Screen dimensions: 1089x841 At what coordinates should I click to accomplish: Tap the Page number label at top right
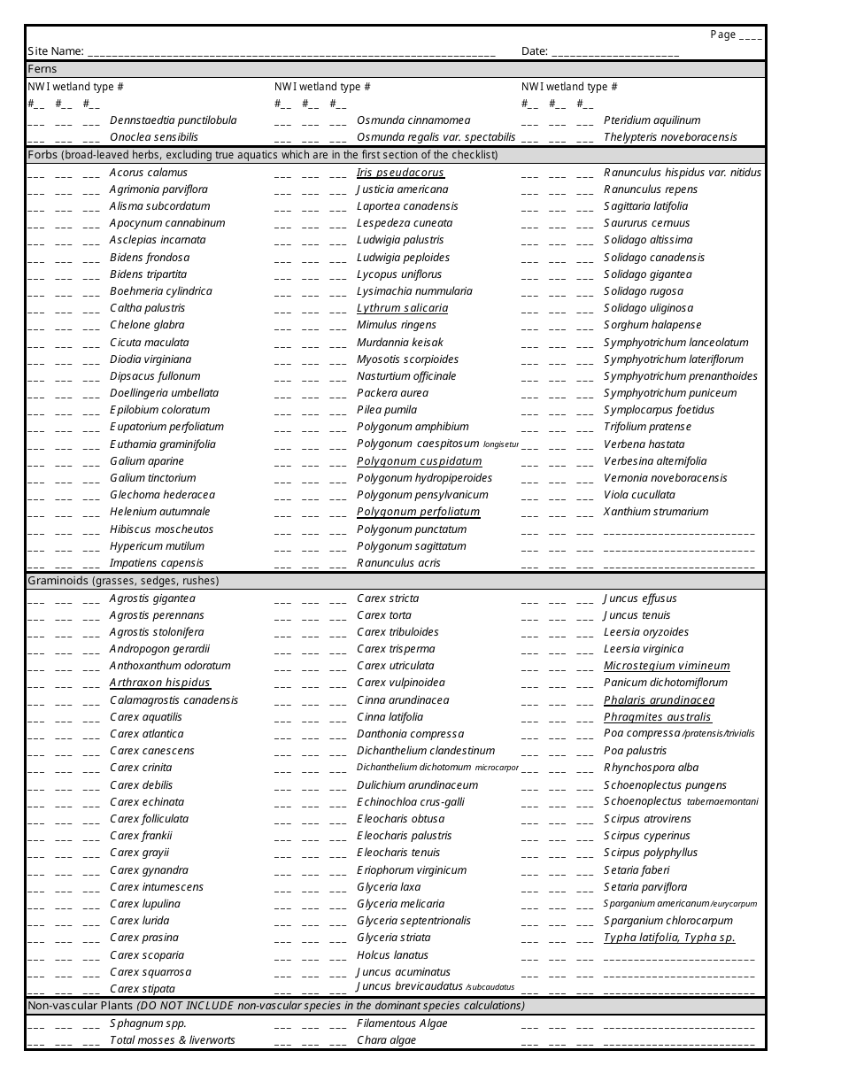pyautogui.click(x=735, y=35)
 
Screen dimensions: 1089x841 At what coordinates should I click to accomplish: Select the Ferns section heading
pyautogui.click(x=42, y=69)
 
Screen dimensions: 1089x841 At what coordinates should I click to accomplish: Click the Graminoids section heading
pyautogui.click(x=123, y=582)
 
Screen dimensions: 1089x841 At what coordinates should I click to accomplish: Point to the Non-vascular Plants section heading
pyautogui.click(x=275, y=1006)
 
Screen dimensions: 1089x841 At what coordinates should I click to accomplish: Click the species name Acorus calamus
pyautogui.click(x=149, y=173)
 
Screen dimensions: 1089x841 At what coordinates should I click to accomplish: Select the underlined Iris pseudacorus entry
pyautogui.click(x=400, y=173)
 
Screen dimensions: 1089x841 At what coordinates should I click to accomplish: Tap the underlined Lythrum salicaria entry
pyautogui.click(x=402, y=308)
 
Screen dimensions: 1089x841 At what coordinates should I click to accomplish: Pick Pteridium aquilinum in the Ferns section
pyautogui.click(x=652, y=120)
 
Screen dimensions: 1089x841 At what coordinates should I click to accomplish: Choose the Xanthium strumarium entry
pyautogui.click(x=656, y=512)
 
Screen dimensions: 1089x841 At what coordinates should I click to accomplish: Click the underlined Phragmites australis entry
pyautogui.click(x=657, y=717)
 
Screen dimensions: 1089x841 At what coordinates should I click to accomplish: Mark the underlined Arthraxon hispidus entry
pyautogui.click(x=159, y=683)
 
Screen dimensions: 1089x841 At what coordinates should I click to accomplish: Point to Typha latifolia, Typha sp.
pyautogui.click(x=669, y=938)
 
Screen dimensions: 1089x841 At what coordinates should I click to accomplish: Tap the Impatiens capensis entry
pyautogui.click(x=156, y=563)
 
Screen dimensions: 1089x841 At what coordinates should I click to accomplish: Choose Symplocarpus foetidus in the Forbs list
pyautogui.click(x=659, y=410)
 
